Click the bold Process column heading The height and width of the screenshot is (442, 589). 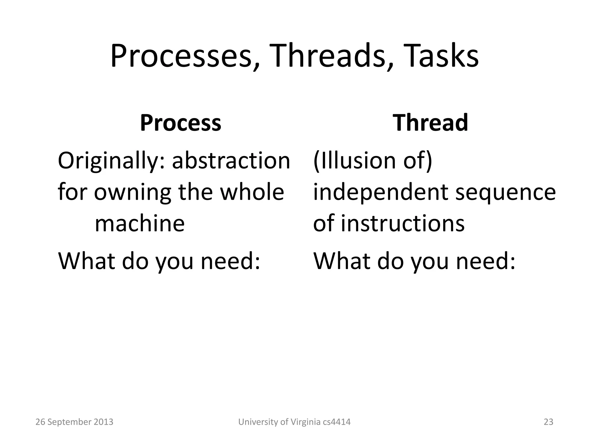click(181, 123)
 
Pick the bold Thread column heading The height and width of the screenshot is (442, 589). click(431, 123)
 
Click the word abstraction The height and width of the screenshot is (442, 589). click(231, 161)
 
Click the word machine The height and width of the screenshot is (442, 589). click(139, 224)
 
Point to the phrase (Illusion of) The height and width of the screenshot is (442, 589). click(372, 161)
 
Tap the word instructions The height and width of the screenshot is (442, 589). click(403, 224)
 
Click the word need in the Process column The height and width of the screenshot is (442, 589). click(230, 261)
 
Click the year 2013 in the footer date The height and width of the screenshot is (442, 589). click(104, 422)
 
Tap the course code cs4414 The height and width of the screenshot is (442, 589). click(337, 422)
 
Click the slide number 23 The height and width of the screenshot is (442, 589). click(548, 422)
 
